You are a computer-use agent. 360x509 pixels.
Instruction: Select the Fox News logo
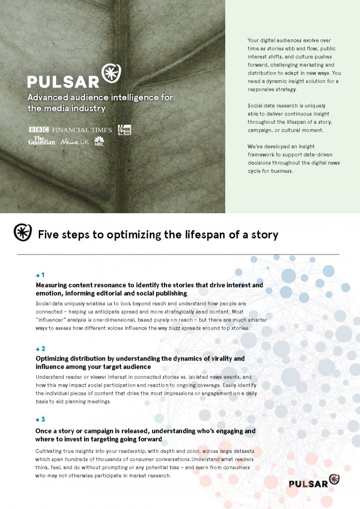[x=124, y=130]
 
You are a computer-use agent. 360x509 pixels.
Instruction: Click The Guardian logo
[x=41, y=141]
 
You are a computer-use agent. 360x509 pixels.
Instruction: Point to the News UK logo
[x=74, y=142]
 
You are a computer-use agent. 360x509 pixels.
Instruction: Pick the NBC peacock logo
[x=99, y=141]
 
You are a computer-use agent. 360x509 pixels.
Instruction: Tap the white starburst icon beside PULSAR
[x=111, y=74]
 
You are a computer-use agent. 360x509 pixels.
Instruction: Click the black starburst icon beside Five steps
[x=22, y=233]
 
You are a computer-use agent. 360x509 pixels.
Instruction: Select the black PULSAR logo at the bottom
[x=314, y=482]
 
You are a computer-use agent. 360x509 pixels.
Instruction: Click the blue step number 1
[x=43, y=274]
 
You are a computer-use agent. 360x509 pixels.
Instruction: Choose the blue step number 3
[x=43, y=420]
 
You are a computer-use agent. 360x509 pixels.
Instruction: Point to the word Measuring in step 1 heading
[x=53, y=285]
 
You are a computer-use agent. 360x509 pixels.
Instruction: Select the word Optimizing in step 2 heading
[x=54, y=358]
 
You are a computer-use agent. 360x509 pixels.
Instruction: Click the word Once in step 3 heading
[x=44, y=431]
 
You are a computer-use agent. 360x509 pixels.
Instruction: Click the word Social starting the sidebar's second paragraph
[x=256, y=105]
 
